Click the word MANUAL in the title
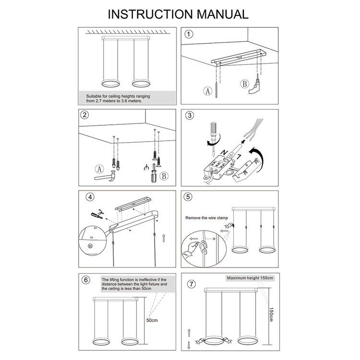pos(222,14)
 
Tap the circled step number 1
pos(189,34)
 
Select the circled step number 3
pos(190,115)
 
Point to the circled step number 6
pos(86,280)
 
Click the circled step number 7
pos(192,284)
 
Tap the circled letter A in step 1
pos(208,91)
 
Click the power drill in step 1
pos(254,85)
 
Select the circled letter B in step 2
pos(164,176)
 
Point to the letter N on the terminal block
pos(224,152)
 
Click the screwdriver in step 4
pos(97,216)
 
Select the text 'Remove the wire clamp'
pos(206,218)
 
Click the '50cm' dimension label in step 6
pos(152,320)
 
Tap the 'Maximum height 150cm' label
pos(250,278)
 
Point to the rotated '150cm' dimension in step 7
pos(271,314)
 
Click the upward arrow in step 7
pos(189,333)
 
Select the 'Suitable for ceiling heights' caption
pos(118,98)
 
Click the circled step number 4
pos(90,197)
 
